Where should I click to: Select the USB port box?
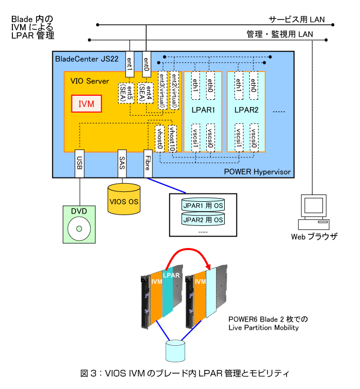(80, 164)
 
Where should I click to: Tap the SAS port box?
(122, 164)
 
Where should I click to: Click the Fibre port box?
(148, 164)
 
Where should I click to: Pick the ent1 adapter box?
(130, 64)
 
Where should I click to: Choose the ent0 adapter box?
(146, 64)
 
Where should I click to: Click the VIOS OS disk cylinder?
(123, 199)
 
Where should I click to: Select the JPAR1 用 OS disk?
(203, 206)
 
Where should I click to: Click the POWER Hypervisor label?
(258, 171)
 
